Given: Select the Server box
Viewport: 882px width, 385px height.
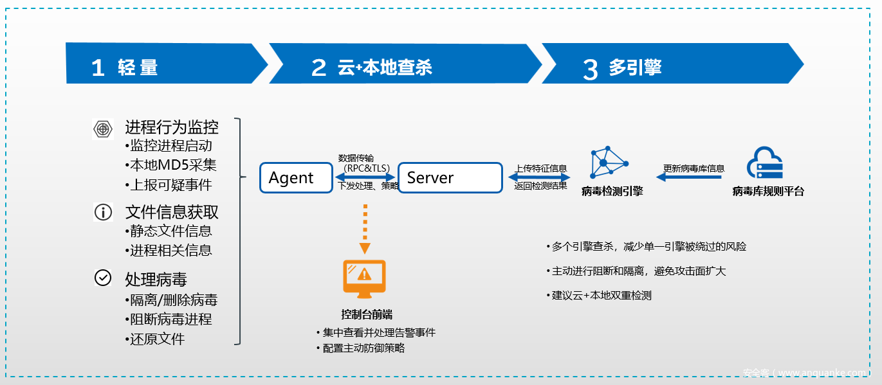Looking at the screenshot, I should click(450, 177).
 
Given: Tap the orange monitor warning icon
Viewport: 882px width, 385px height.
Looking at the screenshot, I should click(364, 278).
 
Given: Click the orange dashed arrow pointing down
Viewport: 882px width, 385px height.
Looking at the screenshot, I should click(365, 228).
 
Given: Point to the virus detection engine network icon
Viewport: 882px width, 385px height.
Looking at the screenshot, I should click(608, 163).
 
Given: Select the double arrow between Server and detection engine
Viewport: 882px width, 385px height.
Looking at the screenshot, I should click(540, 177).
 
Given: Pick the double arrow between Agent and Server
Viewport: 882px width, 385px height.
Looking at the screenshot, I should click(366, 177).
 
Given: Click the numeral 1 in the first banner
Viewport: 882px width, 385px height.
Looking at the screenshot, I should click(98, 67).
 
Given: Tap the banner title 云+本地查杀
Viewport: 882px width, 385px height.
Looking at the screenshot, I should click(385, 67).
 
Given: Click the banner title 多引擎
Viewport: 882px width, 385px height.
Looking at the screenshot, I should click(636, 67).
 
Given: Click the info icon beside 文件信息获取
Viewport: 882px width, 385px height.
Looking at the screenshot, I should click(103, 211).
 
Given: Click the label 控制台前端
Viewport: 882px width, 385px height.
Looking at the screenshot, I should click(366, 314).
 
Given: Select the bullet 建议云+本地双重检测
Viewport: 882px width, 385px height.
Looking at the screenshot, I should click(602, 296).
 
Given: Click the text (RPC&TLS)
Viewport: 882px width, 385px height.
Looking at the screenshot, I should click(367, 168).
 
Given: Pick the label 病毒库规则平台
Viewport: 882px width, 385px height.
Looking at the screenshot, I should click(768, 191).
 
